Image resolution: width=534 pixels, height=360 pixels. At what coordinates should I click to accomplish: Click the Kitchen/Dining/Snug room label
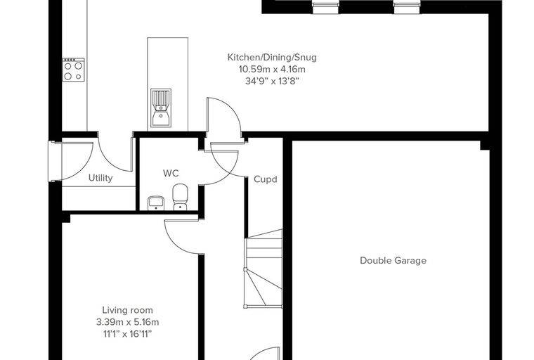pyautogui.click(x=272, y=57)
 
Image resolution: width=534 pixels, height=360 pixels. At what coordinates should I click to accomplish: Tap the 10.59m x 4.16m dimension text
pyautogui.click(x=272, y=70)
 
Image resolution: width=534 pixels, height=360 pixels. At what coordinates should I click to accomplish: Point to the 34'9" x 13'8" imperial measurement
pyautogui.click(x=272, y=82)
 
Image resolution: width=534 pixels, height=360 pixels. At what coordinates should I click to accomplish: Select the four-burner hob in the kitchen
pyautogui.click(x=73, y=70)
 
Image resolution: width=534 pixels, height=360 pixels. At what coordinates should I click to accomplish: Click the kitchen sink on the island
pyautogui.click(x=161, y=108)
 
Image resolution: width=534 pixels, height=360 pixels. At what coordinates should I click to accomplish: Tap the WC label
pyautogui.click(x=171, y=173)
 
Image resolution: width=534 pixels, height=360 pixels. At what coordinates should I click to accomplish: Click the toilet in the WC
pyautogui.click(x=180, y=197)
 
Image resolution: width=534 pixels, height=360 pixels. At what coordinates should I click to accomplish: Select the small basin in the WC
pyautogui.click(x=156, y=203)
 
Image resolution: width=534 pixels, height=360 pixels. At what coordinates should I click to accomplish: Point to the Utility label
pyautogui.click(x=100, y=178)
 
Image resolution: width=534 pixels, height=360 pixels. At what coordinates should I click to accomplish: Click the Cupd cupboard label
pyautogui.click(x=266, y=179)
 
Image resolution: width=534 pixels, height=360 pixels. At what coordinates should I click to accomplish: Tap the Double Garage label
pyautogui.click(x=393, y=260)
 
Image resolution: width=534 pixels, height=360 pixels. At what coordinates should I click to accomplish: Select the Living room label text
pyautogui.click(x=128, y=310)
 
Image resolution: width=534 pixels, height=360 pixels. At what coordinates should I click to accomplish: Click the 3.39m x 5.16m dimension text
pyautogui.click(x=128, y=322)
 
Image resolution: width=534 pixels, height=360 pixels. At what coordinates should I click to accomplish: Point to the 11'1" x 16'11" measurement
pyautogui.click(x=128, y=334)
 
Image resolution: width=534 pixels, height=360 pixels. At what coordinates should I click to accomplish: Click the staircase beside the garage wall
pyautogui.click(x=263, y=269)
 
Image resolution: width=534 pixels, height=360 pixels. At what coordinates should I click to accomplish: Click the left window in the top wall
pyautogui.click(x=325, y=7)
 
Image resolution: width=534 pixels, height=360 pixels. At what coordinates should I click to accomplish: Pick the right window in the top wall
pyautogui.click(x=407, y=7)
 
